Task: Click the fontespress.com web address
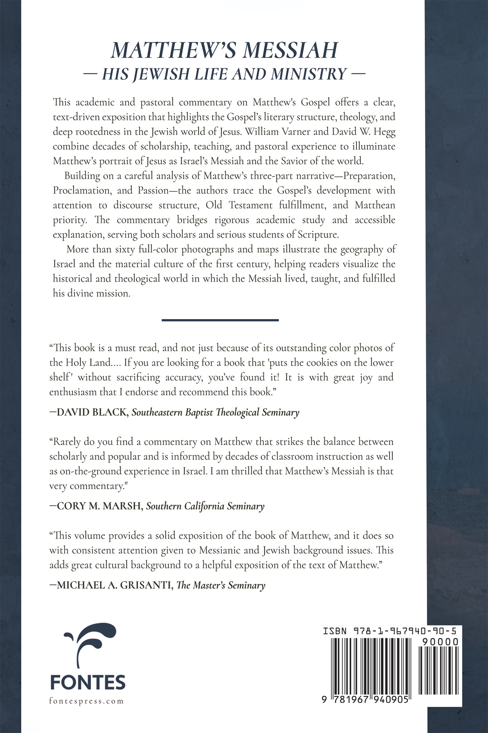coord(86,701)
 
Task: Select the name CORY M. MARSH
coord(99,506)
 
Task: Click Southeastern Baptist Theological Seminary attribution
coord(215,412)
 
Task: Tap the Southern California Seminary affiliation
coord(205,506)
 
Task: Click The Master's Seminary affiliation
coord(221,585)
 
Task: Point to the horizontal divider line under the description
coord(220,320)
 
